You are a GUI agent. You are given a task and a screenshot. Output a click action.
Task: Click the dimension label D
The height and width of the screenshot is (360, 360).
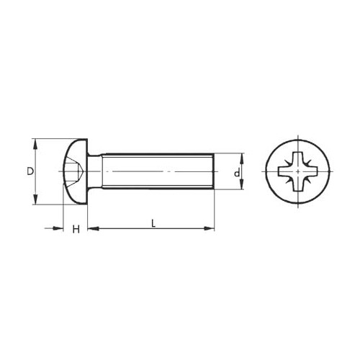point(30,171)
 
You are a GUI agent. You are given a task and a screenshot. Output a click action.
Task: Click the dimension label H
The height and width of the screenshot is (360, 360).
point(76,229)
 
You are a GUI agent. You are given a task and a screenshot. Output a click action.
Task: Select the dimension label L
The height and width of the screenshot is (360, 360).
point(153,223)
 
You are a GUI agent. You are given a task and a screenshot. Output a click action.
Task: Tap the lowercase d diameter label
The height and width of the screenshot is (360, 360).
point(237,173)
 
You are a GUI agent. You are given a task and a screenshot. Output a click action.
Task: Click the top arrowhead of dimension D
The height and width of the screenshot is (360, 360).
point(35,145)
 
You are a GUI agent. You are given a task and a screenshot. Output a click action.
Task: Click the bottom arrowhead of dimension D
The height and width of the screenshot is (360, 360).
point(35,199)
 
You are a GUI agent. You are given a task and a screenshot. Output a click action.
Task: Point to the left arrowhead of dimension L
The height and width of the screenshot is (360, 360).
point(93,228)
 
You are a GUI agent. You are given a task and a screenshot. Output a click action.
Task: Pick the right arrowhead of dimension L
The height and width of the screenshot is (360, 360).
point(209,228)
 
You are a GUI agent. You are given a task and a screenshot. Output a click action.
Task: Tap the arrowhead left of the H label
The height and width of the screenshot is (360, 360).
point(58,228)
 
